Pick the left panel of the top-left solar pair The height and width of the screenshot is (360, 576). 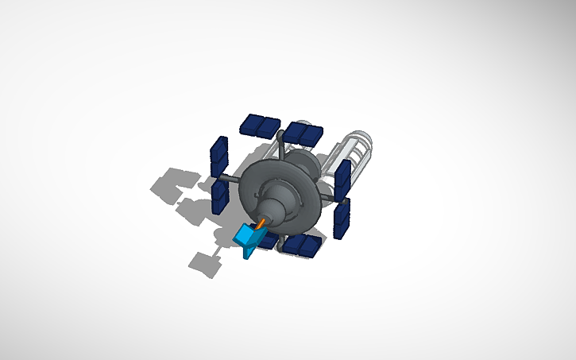pyautogui.click(x=253, y=123)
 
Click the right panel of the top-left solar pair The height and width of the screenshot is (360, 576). pyautogui.click(x=270, y=126)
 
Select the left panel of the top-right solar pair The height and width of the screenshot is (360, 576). pyautogui.click(x=296, y=131)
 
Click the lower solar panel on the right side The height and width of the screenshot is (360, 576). pyautogui.click(x=342, y=218)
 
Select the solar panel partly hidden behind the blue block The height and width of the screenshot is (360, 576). pyautogui.click(x=269, y=238)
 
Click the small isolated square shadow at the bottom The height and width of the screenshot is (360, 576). pyautogui.click(x=206, y=261)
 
